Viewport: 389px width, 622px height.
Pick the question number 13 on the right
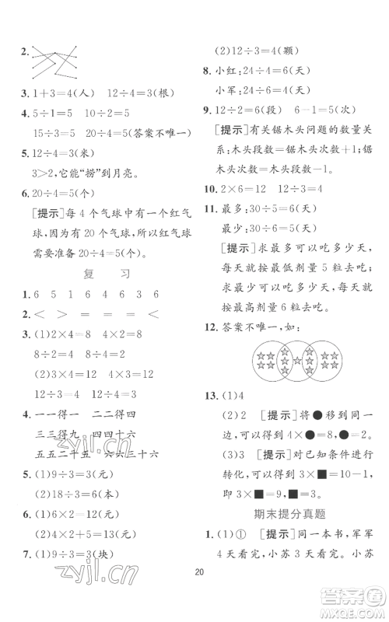coord(220,397)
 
